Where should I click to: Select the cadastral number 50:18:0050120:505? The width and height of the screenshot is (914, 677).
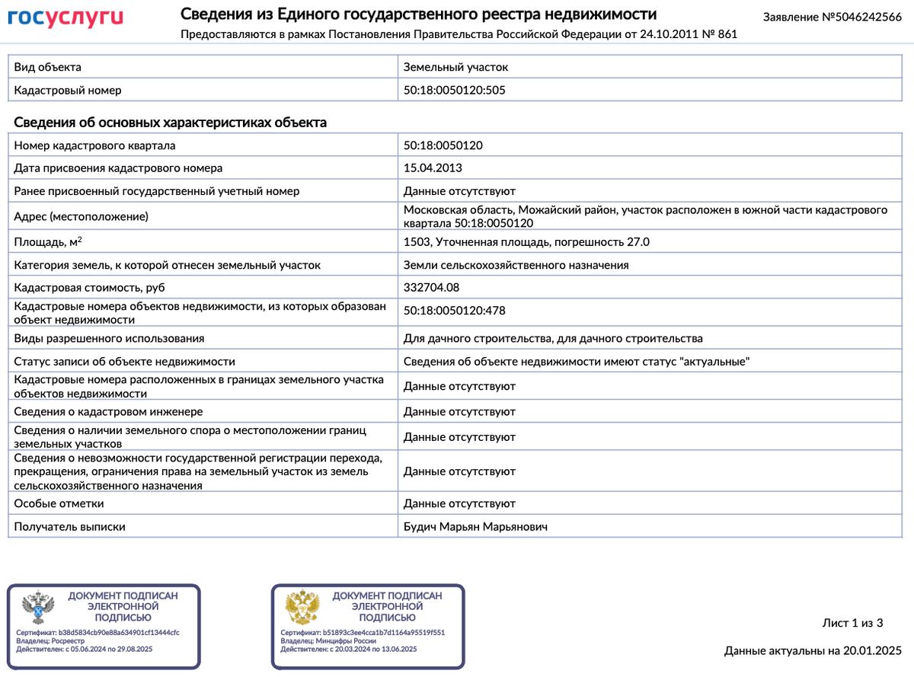coord(454,90)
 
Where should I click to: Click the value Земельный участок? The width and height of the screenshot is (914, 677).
coord(455,67)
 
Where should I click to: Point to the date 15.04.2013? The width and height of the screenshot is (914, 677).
coord(432,168)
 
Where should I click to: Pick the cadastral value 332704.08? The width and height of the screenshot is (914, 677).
coord(431,287)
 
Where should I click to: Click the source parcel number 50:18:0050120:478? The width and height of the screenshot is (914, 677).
coord(454,310)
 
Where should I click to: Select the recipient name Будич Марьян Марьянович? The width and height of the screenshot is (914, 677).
coord(475,526)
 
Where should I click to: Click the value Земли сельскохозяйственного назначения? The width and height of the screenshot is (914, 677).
coord(516,265)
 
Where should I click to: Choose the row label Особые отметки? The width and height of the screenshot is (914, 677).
coord(59,503)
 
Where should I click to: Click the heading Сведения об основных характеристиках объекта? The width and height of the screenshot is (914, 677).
coord(171,122)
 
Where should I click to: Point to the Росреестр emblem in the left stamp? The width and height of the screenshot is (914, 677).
coord(37,608)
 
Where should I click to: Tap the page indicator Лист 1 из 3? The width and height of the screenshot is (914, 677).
coord(852,623)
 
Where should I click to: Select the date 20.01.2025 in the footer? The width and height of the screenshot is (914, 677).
coord(871,650)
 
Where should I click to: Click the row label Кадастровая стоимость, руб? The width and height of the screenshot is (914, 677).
coord(89,287)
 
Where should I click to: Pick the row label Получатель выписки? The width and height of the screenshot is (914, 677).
coord(69,526)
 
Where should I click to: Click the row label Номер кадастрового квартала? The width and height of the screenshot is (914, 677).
coord(94,145)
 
